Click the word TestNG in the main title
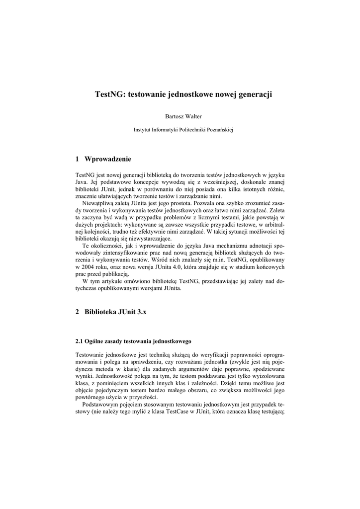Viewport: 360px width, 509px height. coord(109,93)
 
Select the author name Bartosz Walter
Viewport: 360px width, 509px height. coord(180,116)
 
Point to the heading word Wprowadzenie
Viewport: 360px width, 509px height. coord(108,159)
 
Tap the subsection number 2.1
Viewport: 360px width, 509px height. coord(79,341)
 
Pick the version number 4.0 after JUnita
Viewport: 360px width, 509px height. coord(180,266)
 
